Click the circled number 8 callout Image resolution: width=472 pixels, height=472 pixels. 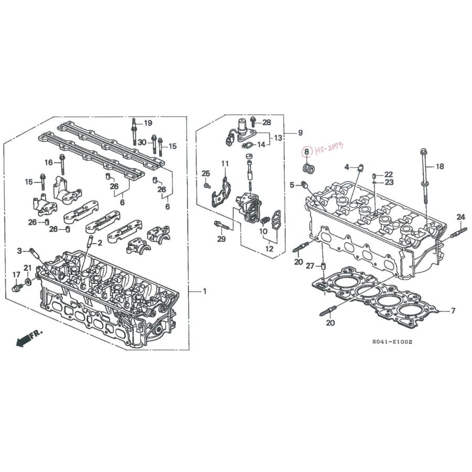pos(306,152)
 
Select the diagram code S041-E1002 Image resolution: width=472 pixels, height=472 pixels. pos(392,341)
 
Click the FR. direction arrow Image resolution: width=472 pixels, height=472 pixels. pos(29,338)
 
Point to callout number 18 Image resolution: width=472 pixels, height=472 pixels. pos(440,166)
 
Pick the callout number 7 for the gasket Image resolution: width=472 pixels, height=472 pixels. pos(453,310)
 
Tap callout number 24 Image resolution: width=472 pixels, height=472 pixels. pos(460,217)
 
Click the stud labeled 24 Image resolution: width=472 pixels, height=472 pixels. pos(458,233)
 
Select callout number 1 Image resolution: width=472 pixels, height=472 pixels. pos(205,292)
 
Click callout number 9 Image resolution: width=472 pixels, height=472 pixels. pos(300,133)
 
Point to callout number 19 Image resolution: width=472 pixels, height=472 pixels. pos(148,123)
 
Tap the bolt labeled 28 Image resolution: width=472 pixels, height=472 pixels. pos(253,121)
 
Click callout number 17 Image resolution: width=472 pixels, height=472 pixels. pos(16,274)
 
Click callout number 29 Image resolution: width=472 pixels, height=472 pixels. pos(221,239)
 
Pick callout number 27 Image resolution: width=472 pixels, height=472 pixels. pos(310,266)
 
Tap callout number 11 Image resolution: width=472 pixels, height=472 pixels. pos(225,164)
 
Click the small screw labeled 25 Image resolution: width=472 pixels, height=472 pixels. pos(207,186)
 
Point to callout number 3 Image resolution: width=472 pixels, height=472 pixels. pos(19,251)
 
